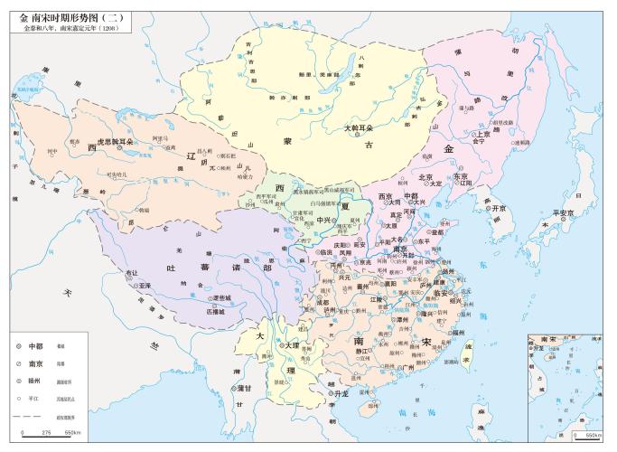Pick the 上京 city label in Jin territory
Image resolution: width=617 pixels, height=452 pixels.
pos(483,133)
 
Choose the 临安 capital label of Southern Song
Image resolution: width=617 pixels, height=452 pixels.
pos(440,293)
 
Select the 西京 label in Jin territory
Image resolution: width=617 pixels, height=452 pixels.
pos(387,196)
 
